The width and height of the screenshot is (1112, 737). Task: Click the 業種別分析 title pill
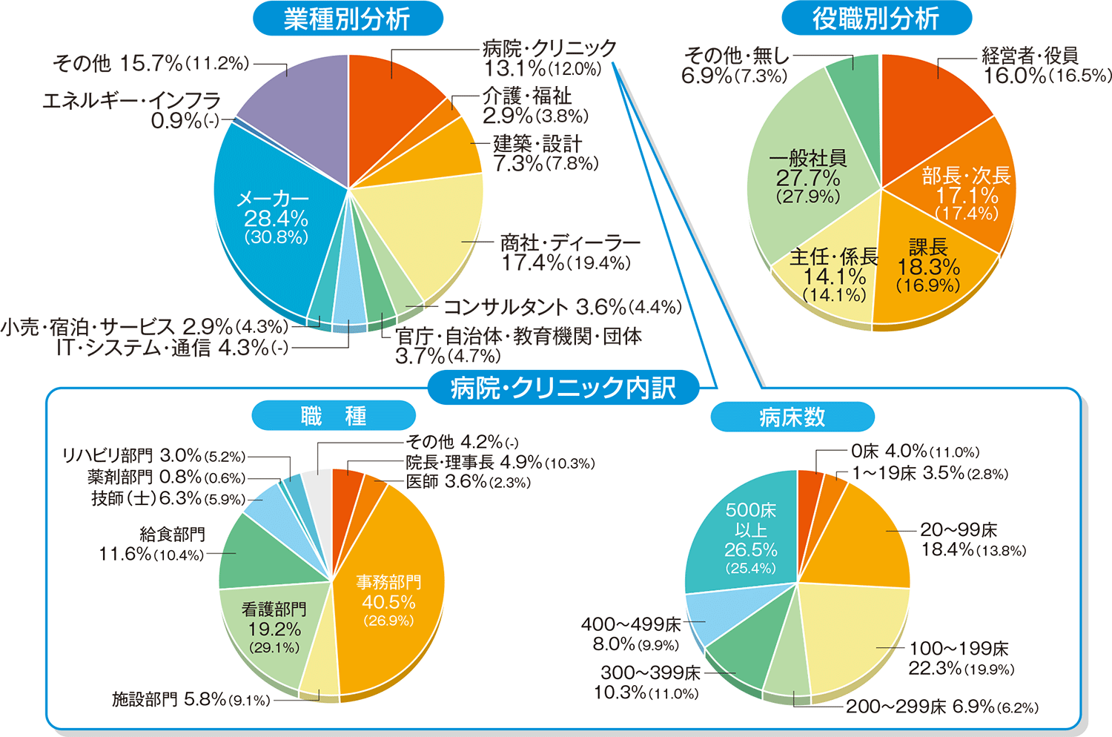(348, 19)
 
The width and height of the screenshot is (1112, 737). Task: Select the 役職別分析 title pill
(876, 19)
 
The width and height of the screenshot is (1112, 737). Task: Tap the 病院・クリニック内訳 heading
(563, 387)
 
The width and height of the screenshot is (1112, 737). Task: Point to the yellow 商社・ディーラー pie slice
(430, 230)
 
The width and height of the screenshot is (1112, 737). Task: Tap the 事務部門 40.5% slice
(388, 601)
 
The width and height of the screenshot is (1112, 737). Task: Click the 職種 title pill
(334, 416)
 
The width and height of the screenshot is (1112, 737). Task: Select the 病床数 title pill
(792, 417)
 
